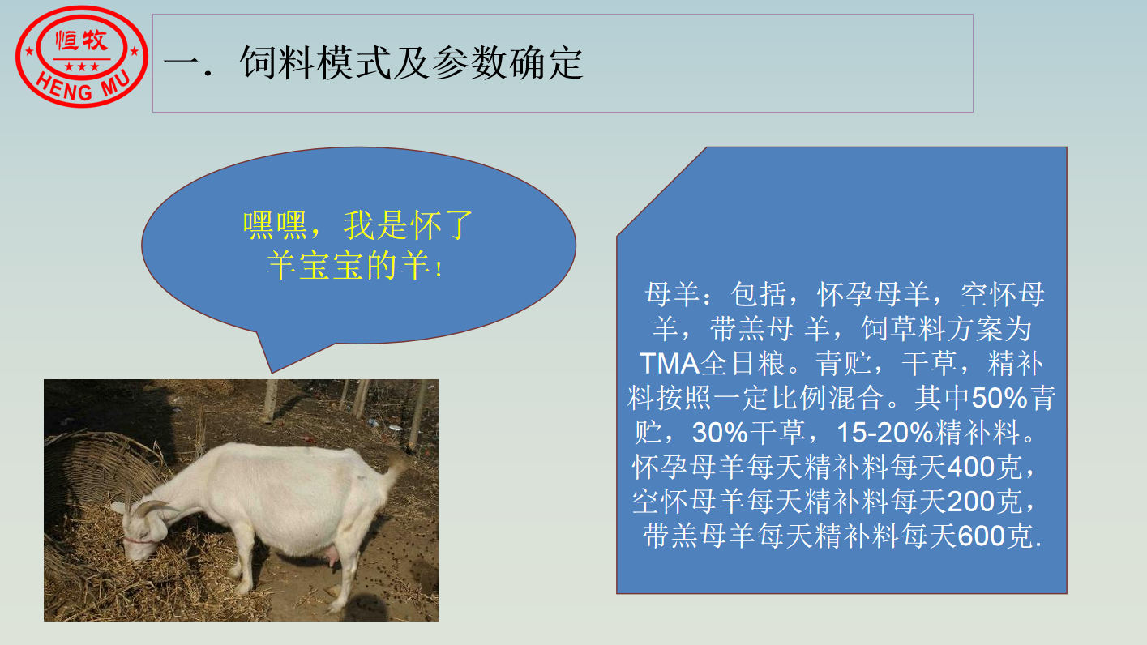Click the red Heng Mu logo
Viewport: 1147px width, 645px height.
(82, 56)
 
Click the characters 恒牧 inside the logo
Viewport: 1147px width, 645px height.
(82, 41)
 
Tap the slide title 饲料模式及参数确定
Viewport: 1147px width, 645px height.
(411, 63)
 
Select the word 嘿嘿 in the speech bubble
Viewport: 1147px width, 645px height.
(275, 225)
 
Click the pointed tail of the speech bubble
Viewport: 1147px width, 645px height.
(272, 370)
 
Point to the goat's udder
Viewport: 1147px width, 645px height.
(330, 554)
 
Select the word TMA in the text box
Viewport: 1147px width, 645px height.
(670, 364)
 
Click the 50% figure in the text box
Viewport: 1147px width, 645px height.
(999, 398)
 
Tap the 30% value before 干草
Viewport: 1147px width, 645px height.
(720, 433)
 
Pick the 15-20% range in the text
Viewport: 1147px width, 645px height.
(885, 433)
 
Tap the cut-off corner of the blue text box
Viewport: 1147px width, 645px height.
(661, 191)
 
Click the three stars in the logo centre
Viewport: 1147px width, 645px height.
(82, 67)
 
